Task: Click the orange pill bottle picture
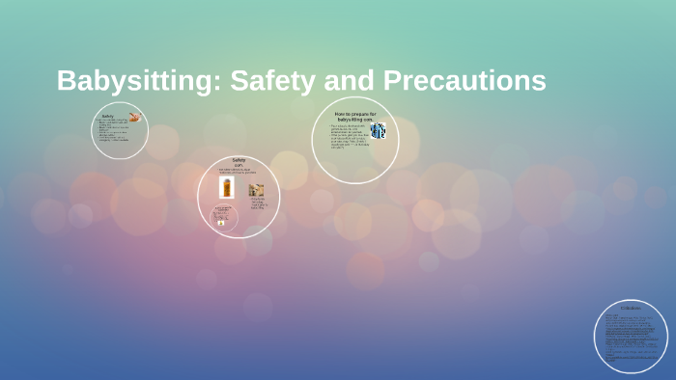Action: [227, 187]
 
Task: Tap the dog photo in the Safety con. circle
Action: [256, 190]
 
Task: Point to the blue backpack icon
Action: [378, 130]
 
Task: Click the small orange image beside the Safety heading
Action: [134, 118]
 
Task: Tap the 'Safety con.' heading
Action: [239, 162]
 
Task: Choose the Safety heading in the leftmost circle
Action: [108, 116]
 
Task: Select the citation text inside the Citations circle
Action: [631, 338]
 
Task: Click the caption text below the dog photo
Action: [258, 204]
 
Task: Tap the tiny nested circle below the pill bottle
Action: [223, 217]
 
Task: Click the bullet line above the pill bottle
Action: [239, 172]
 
